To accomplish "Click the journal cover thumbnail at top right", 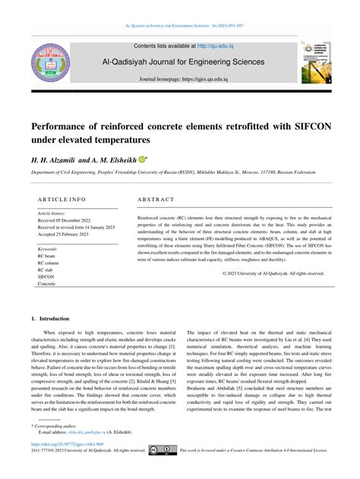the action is click(x=316, y=63).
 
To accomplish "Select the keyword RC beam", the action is click(x=48, y=256).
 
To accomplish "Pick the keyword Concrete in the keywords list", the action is click(x=48, y=283).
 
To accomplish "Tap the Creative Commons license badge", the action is click(x=163, y=450).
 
